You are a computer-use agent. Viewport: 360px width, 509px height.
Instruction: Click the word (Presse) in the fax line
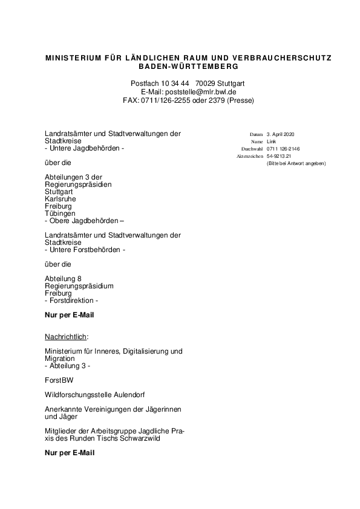pyautogui.click(x=240, y=100)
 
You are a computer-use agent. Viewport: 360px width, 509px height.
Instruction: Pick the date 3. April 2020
pyautogui.click(x=280, y=134)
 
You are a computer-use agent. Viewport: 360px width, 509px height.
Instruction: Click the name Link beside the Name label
pyautogui.click(x=271, y=141)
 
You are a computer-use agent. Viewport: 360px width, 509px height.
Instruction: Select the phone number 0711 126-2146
pyautogui.click(x=283, y=149)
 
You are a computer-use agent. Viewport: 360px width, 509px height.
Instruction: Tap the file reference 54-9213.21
pyautogui.click(x=279, y=156)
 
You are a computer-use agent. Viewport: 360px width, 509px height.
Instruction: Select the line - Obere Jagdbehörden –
pyautogui.click(x=84, y=221)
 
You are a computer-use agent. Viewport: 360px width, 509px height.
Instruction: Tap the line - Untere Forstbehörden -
pyautogui.click(x=85, y=250)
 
